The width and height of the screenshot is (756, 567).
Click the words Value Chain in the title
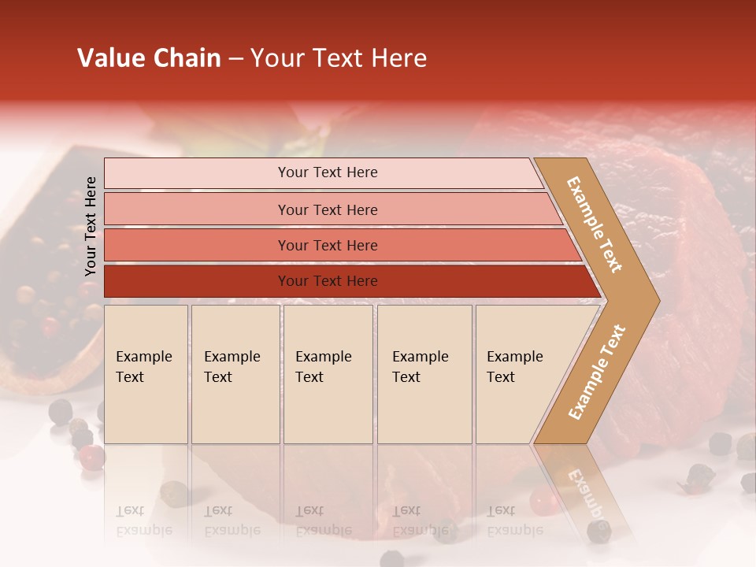click(x=149, y=58)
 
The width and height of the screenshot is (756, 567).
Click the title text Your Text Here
click(x=339, y=58)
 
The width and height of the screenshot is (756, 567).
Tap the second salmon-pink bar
click(x=327, y=209)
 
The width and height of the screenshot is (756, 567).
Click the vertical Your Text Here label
click(x=91, y=226)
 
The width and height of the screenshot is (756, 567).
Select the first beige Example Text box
click(x=146, y=374)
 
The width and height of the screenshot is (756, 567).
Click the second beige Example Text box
click(x=235, y=374)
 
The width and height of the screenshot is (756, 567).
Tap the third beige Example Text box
click(x=328, y=374)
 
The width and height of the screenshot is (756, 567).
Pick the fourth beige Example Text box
click(x=424, y=374)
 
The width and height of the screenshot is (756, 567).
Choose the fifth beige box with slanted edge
click(x=520, y=374)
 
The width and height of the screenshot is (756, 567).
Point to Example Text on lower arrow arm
click(x=597, y=372)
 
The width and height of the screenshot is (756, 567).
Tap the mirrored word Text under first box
click(x=130, y=512)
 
